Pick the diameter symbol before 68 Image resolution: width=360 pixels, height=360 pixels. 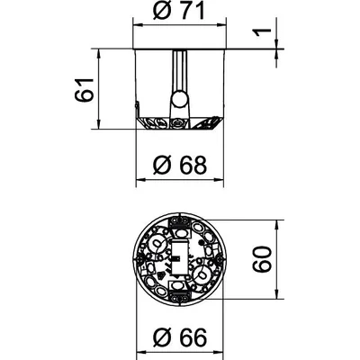[x=162, y=166]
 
